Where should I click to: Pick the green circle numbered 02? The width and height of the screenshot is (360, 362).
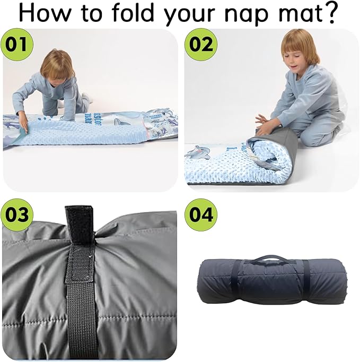pos(199,44)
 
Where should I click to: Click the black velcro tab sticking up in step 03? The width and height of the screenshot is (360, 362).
pos(75,223)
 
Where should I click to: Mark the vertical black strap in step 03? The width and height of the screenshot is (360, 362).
pos(81,297)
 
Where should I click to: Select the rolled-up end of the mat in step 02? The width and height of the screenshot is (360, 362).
pos(268,154)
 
